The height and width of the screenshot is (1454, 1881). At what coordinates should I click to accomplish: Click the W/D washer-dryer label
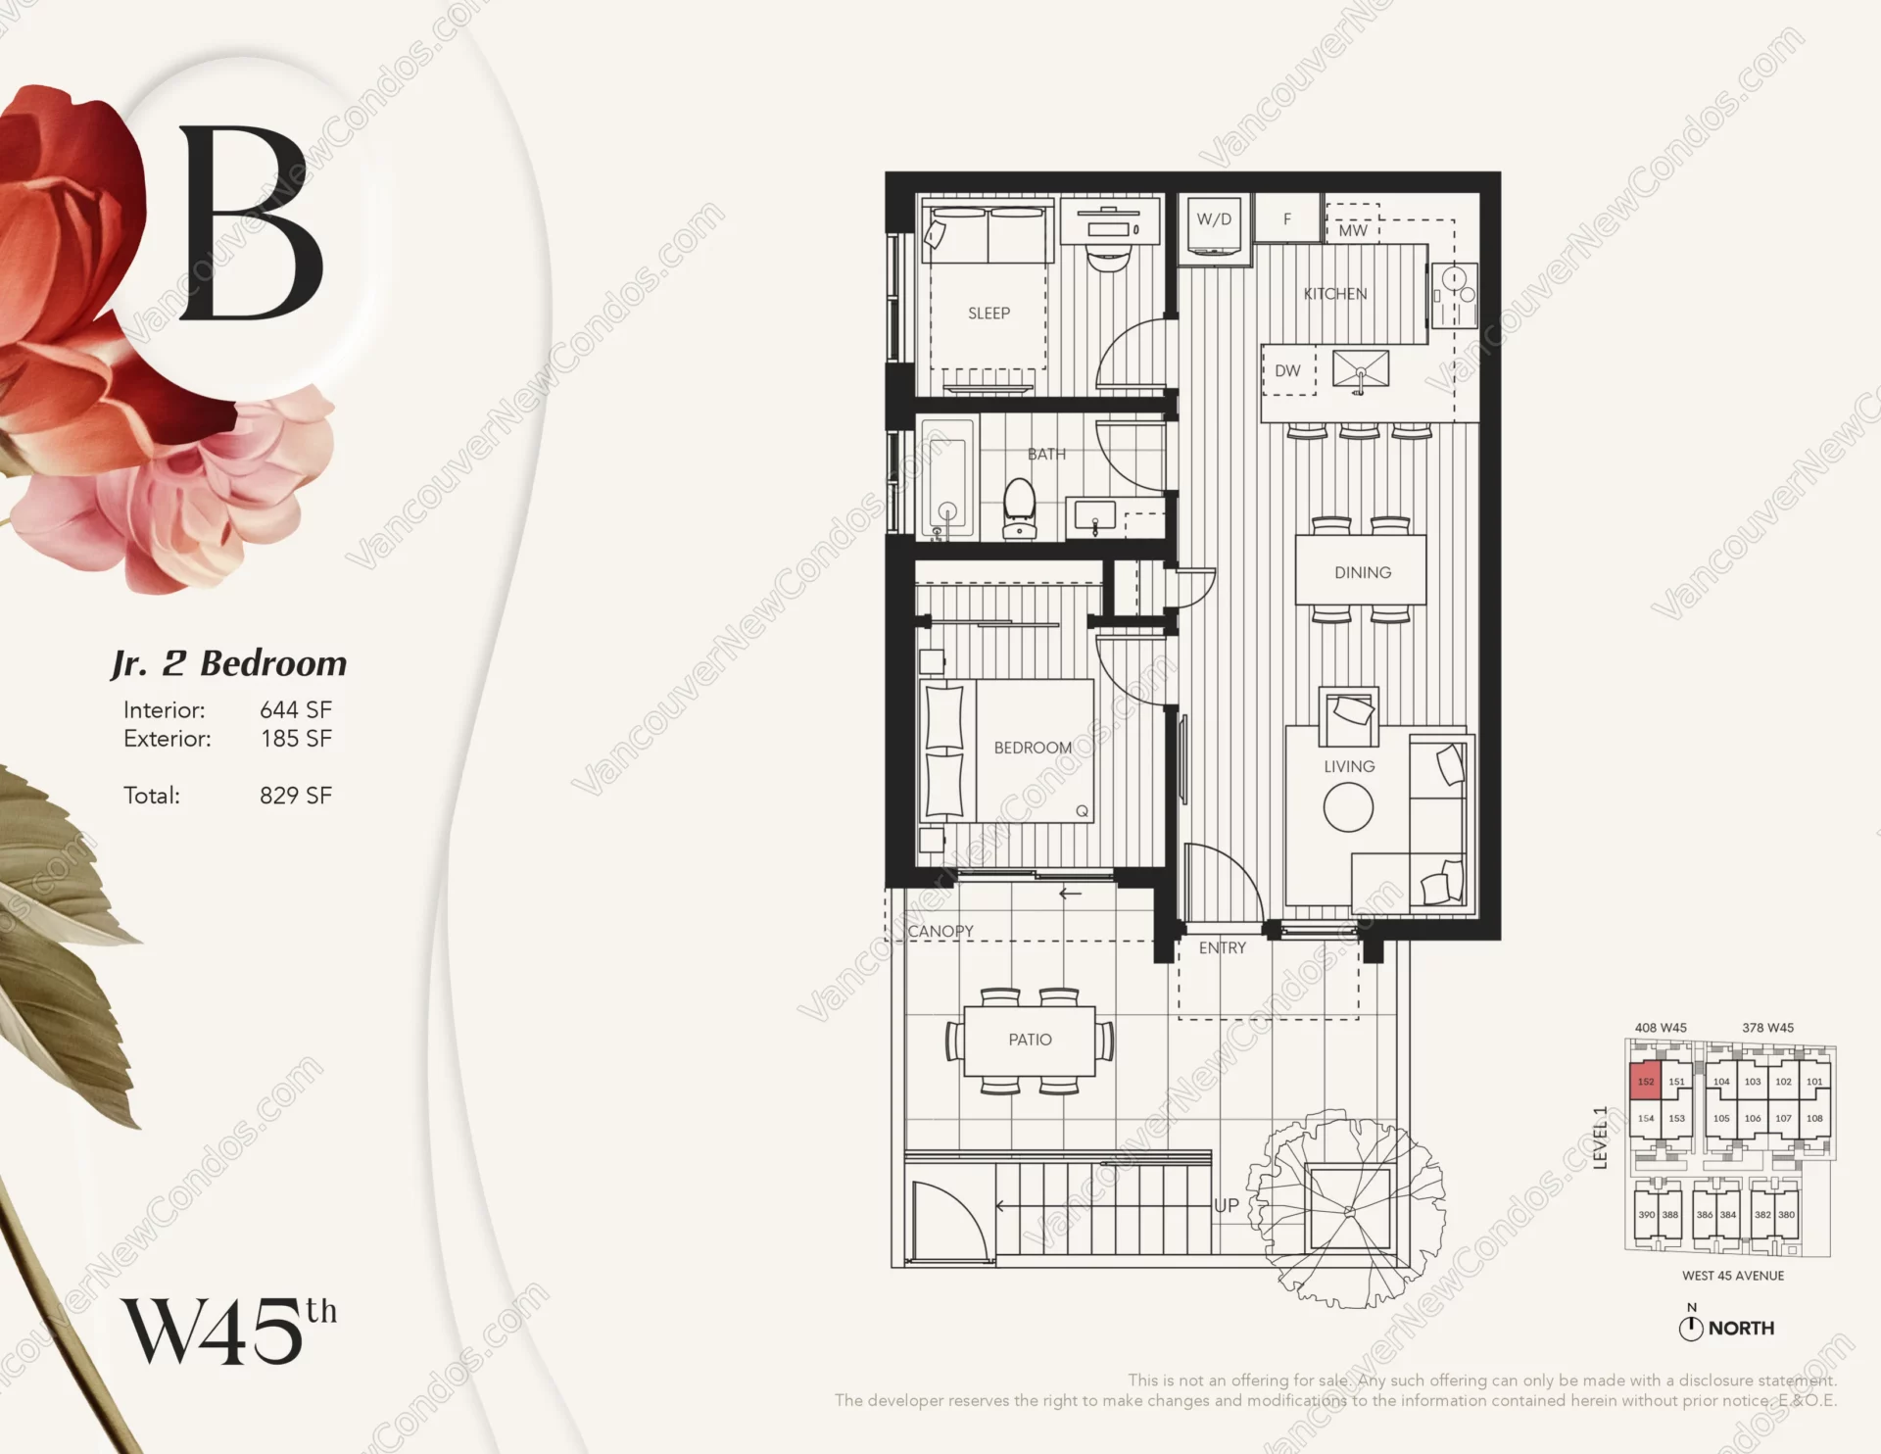click(x=1214, y=219)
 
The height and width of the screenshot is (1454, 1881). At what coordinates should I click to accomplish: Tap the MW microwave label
click(x=1352, y=231)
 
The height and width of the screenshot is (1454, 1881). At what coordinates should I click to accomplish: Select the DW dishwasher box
click(x=1287, y=371)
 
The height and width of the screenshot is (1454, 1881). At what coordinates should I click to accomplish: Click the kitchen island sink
click(x=1361, y=370)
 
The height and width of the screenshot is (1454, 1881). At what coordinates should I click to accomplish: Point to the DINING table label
click(x=1362, y=572)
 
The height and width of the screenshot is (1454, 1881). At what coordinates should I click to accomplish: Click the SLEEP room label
click(x=989, y=314)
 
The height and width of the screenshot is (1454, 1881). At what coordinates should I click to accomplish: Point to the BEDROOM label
click(x=1033, y=748)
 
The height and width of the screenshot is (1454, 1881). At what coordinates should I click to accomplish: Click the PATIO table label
click(x=1030, y=1040)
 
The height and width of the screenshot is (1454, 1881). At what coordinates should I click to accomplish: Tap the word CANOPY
click(x=940, y=931)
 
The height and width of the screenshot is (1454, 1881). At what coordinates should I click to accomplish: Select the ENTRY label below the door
click(x=1223, y=947)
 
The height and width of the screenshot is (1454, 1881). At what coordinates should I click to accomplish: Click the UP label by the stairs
click(x=1227, y=1206)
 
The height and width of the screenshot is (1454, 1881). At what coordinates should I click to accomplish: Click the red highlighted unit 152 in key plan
click(x=1645, y=1082)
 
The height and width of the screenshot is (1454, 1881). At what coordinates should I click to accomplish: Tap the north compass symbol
click(x=1691, y=1329)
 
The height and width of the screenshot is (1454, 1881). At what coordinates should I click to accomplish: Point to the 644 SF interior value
click(x=295, y=709)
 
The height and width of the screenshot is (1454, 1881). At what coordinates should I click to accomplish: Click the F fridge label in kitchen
click(x=1287, y=219)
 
